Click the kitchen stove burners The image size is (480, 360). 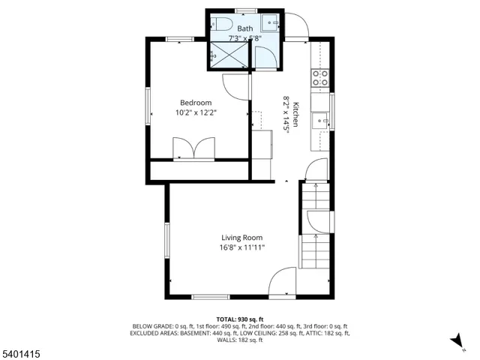click(320, 76)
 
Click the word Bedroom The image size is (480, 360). click(195, 103)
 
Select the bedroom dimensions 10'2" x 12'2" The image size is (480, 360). click(195, 113)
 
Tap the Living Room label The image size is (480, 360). click(241, 238)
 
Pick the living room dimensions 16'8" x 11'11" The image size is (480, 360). click(241, 248)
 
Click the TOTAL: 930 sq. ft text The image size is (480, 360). click(241, 319)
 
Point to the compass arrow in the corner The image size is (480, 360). click(455, 342)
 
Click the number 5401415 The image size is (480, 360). click(22, 351)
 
